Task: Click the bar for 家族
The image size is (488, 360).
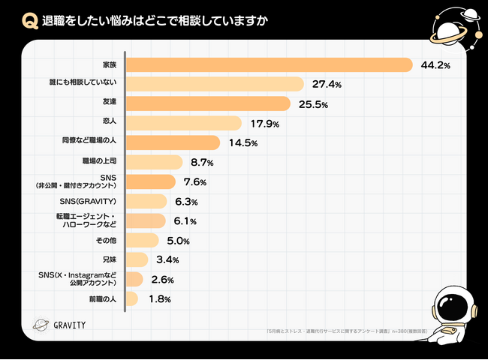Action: tap(269, 64)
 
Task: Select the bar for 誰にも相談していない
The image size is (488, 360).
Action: tap(214, 84)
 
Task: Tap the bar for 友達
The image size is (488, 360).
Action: tap(207, 103)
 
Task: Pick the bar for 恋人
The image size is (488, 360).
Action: tap(183, 123)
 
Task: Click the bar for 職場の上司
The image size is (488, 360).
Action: tap(153, 162)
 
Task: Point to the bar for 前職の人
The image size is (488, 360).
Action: tap(131, 298)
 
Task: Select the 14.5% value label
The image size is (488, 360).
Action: tap(239, 142)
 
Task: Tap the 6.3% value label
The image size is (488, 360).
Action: tap(185, 202)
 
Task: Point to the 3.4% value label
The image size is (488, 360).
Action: tap(166, 260)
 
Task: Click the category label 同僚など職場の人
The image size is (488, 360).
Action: tap(89, 141)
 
